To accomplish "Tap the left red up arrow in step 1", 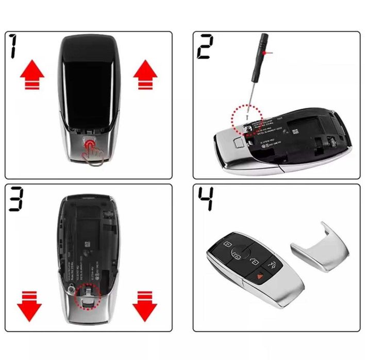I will point(32,75).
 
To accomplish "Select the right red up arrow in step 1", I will point(145,75).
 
